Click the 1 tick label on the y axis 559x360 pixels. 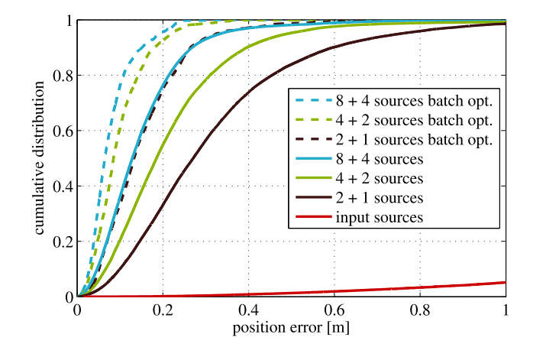[69, 21]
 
